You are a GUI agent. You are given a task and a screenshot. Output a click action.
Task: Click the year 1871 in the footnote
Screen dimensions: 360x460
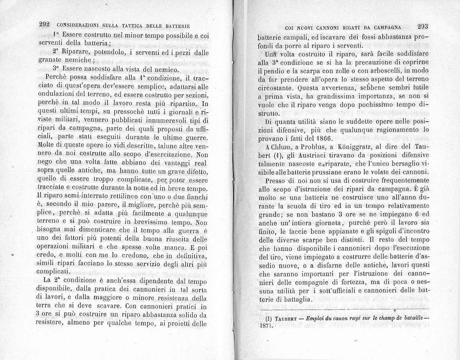pos(266,325)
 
